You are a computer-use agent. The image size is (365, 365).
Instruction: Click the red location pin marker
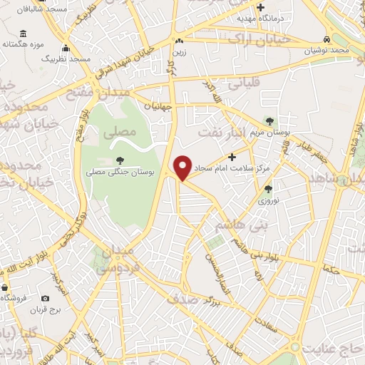pos(182,168)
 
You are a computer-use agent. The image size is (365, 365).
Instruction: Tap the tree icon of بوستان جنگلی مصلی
pos(118,160)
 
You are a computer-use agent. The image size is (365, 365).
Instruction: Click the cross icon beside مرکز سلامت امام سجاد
pos(232,156)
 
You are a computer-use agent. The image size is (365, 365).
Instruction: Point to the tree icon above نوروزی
pos(268,189)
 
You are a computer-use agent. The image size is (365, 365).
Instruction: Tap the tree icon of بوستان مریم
pos(269,121)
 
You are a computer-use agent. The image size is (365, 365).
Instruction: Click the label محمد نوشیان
pos(327,51)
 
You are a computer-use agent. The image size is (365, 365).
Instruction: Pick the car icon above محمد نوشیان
pos(327,39)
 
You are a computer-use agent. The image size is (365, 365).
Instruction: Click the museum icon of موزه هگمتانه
pos(24,34)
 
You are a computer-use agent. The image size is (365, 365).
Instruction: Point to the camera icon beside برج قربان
pos(46,298)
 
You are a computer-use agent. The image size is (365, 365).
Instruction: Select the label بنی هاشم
pos(240,227)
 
